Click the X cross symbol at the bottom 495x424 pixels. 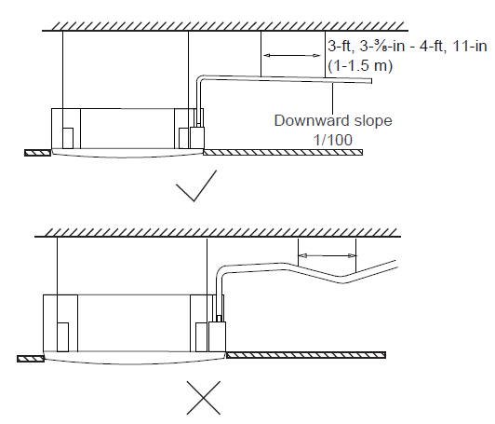(204, 398)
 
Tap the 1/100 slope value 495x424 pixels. (333, 140)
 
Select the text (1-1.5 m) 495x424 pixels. (360, 66)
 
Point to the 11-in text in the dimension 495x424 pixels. (470, 47)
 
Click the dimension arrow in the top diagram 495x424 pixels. (292, 56)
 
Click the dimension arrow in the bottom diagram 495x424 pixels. (328, 255)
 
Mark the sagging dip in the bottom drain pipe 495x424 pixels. (342, 280)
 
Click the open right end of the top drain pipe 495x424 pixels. (370, 81)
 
